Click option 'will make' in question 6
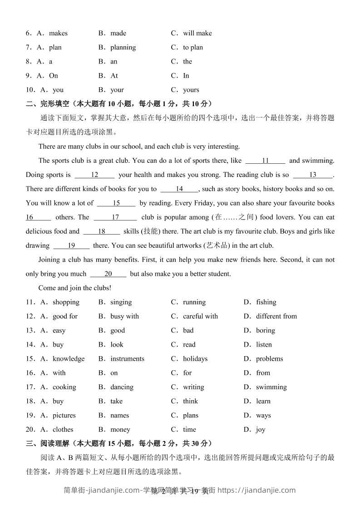pos(197,33)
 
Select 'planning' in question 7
pos(123,47)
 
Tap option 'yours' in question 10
pos(191,90)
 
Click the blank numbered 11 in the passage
pos(266,161)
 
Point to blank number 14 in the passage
pos(179,189)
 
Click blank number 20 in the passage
pos(108,274)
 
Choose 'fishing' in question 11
pos(266,302)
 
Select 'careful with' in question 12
pos(200,316)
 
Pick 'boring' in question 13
pos(265,330)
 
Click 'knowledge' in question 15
pos(69,359)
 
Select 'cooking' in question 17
pos(64,387)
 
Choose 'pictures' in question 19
pos(64,415)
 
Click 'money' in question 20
pos(120,430)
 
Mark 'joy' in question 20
pos(261,430)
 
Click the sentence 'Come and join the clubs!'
pos(75,288)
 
